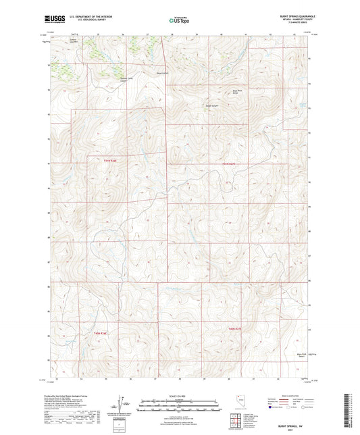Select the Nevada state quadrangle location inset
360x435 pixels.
click(235, 402)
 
